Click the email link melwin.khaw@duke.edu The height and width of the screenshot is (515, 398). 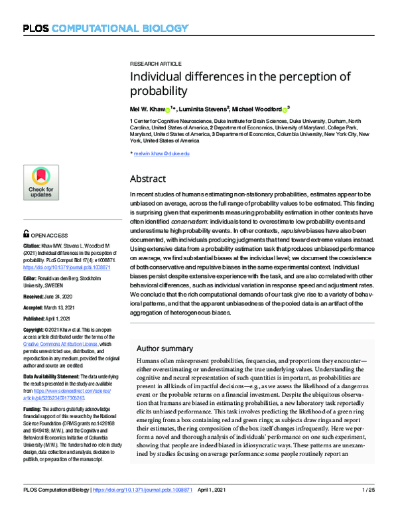(162, 153)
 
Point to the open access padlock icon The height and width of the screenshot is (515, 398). (26, 234)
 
